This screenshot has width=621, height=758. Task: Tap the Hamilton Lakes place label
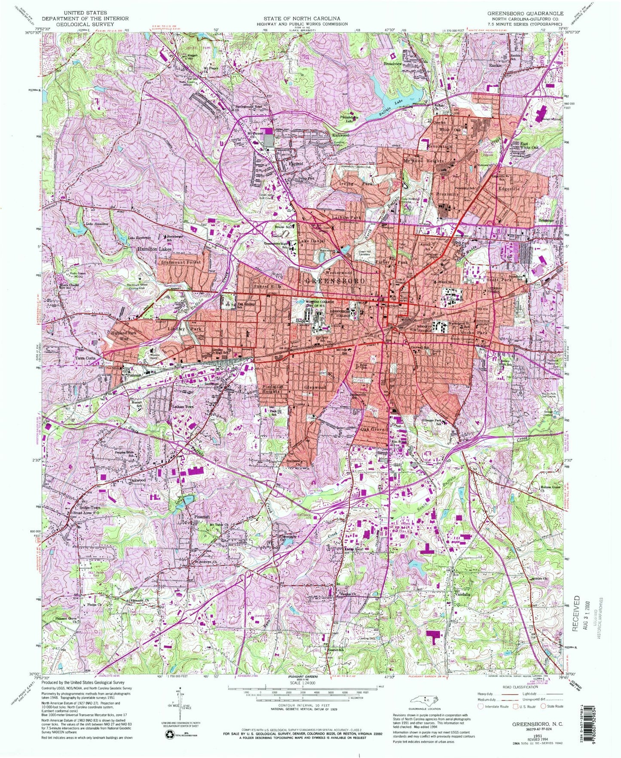pos(154,249)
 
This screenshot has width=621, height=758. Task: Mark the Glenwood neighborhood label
pos(315,387)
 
